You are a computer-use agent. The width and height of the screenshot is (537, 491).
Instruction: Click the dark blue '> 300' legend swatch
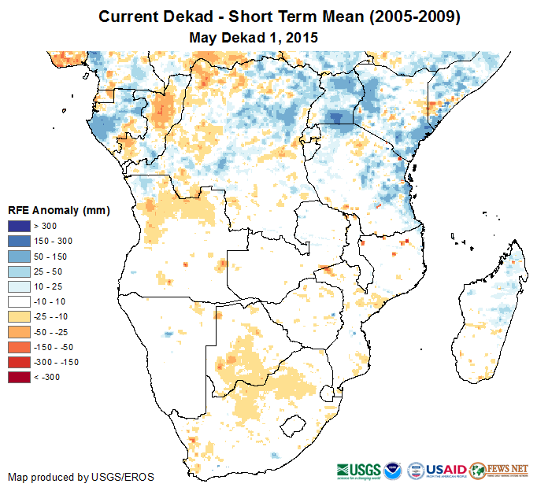click(19, 227)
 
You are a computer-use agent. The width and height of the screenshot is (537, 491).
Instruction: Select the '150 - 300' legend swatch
click(19, 242)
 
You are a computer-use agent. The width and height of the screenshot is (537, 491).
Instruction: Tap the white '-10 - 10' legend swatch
click(19, 301)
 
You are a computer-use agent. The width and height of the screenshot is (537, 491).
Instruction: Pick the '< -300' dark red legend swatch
click(19, 377)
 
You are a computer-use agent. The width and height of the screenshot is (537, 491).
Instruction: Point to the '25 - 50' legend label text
click(46, 271)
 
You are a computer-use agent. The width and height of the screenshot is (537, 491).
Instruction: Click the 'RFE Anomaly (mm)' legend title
click(58, 211)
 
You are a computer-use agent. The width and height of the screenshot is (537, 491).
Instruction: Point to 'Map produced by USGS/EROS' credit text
click(81, 477)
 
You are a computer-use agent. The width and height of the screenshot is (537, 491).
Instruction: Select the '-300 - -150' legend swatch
click(19, 362)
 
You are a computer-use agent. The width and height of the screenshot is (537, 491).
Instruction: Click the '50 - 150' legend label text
click(48, 257)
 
